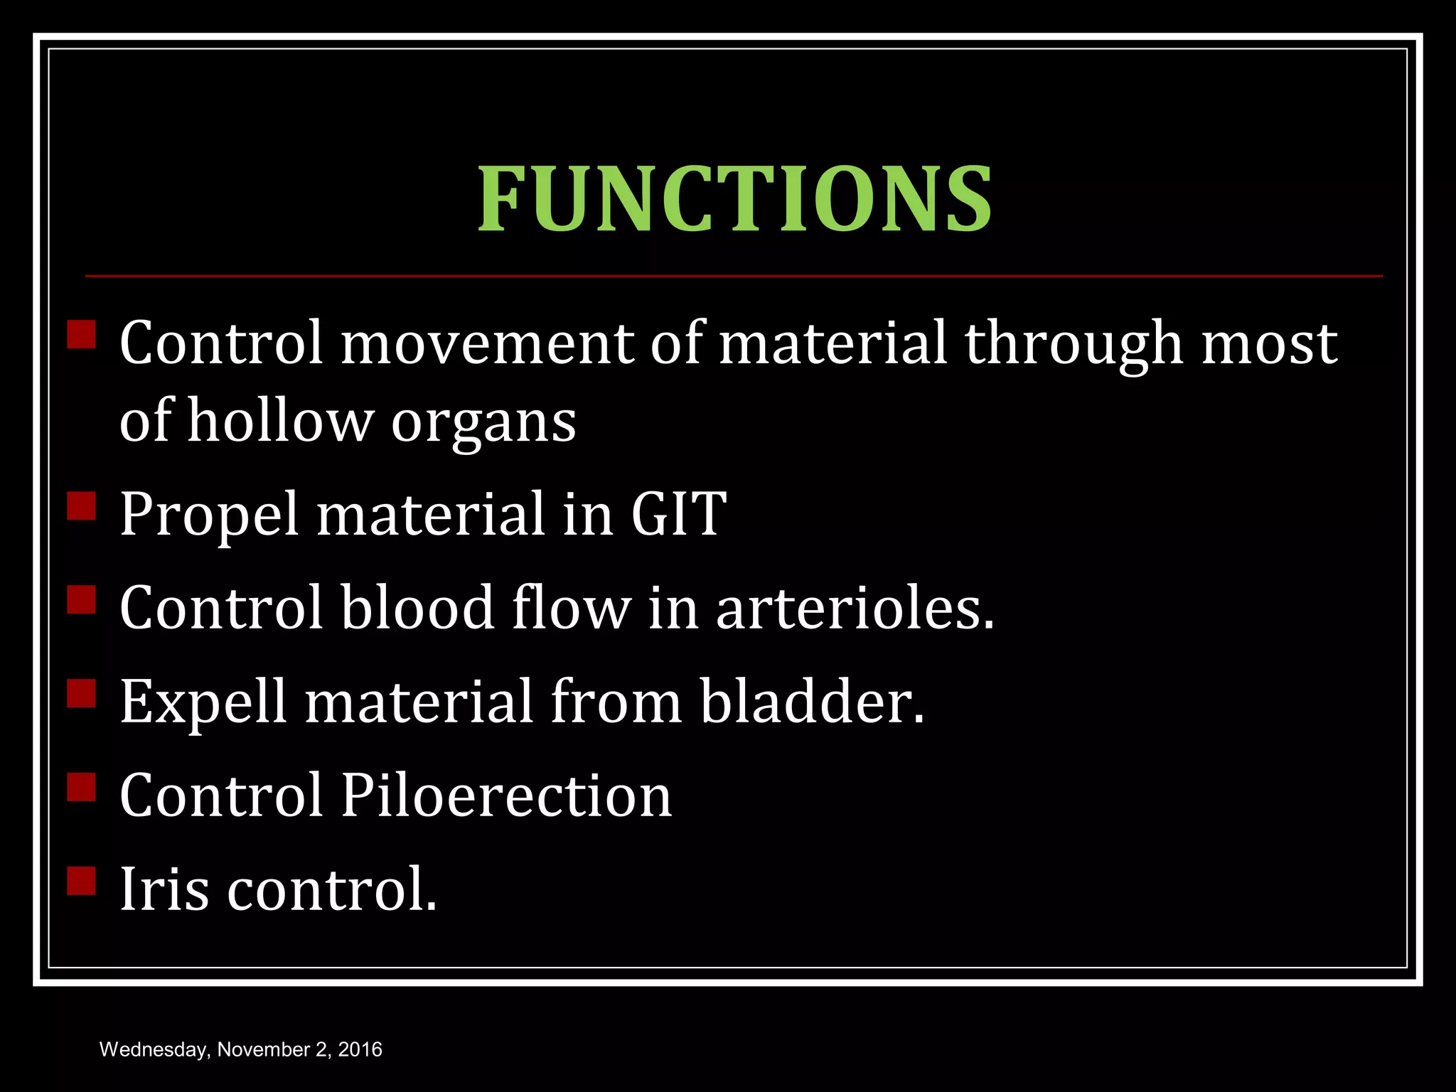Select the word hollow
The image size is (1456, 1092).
click(x=281, y=421)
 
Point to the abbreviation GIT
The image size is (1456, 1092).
click(x=678, y=514)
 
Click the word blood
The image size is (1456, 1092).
click(x=417, y=608)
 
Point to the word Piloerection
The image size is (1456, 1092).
click(x=506, y=796)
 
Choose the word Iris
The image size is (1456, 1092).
click(x=164, y=889)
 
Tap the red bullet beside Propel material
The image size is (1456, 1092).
click(x=82, y=506)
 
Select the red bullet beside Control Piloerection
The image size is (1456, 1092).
click(x=82, y=787)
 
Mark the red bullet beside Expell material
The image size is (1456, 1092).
click(x=82, y=693)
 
